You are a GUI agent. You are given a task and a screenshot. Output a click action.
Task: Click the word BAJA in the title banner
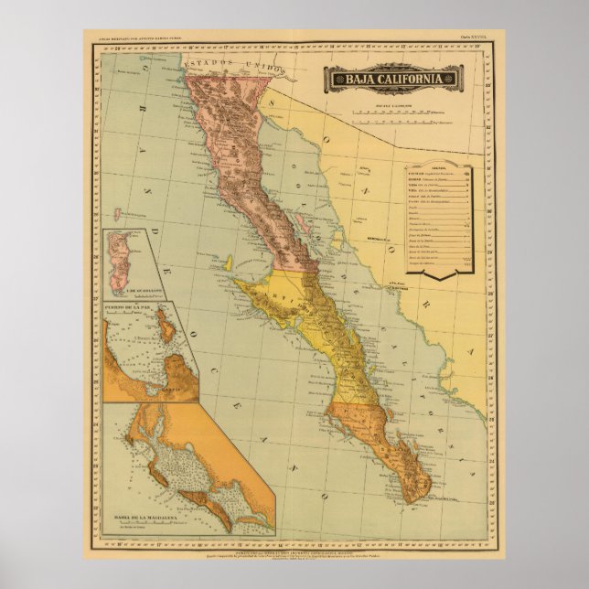tap(360, 79)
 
